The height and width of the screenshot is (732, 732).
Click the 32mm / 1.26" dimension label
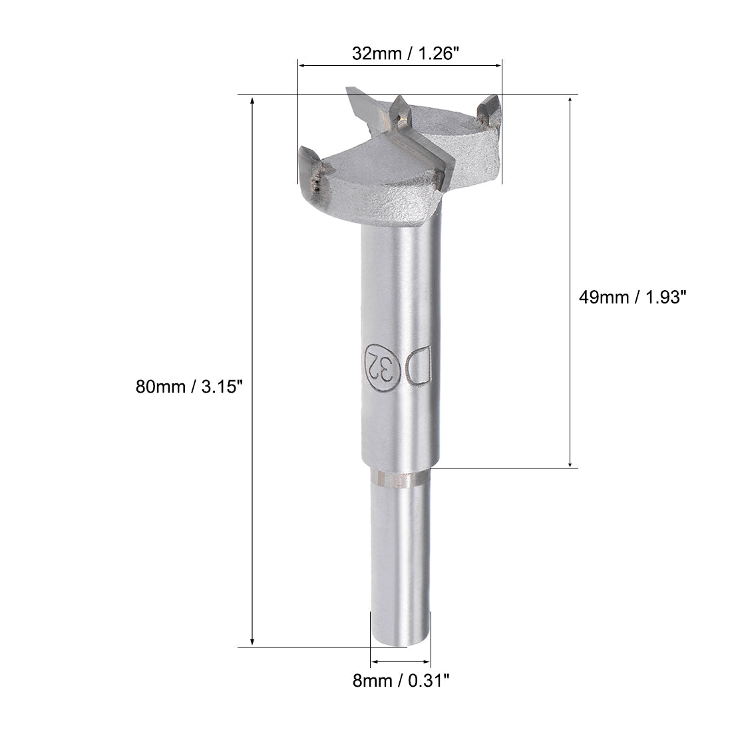click(406, 54)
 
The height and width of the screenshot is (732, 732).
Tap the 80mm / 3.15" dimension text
click(186, 386)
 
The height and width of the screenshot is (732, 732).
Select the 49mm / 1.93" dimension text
click(631, 297)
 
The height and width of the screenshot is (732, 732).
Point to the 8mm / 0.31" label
click(401, 679)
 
